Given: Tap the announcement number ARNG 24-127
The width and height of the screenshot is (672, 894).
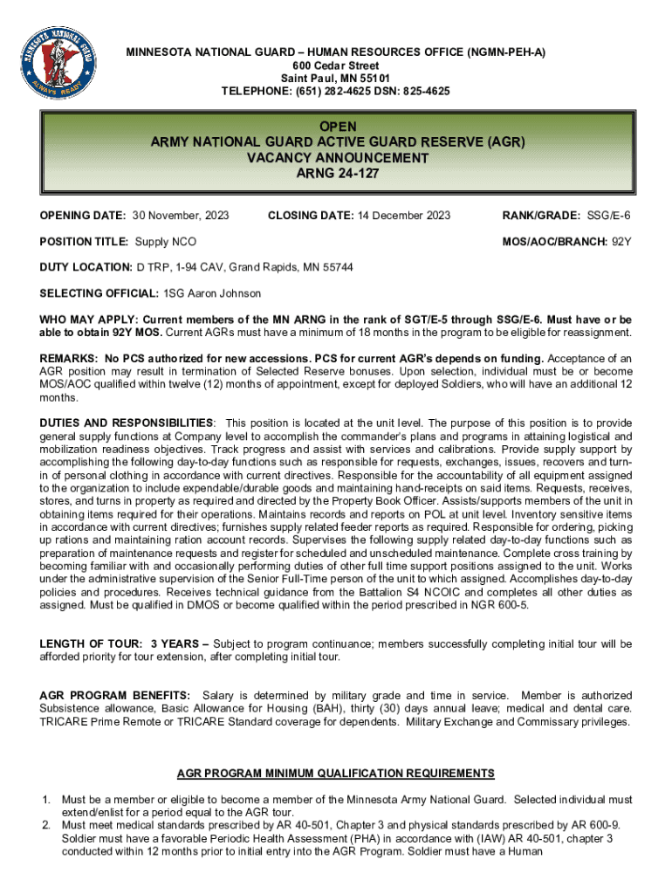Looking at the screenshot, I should tap(336, 174).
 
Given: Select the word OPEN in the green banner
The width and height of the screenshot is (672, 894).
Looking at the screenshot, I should tap(336, 127).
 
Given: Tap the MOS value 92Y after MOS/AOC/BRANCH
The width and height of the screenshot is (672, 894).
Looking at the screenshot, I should tap(621, 241).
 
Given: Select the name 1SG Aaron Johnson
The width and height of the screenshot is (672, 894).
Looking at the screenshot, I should tap(212, 293).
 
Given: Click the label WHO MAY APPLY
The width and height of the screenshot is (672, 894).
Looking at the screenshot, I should tap(88, 320).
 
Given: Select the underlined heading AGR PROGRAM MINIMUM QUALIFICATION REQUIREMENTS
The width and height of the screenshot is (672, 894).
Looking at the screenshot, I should tap(336, 774).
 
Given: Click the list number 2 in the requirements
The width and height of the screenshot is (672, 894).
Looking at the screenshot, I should tap(45, 825).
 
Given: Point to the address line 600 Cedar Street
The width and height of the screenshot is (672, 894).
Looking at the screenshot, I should tap(335, 66).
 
